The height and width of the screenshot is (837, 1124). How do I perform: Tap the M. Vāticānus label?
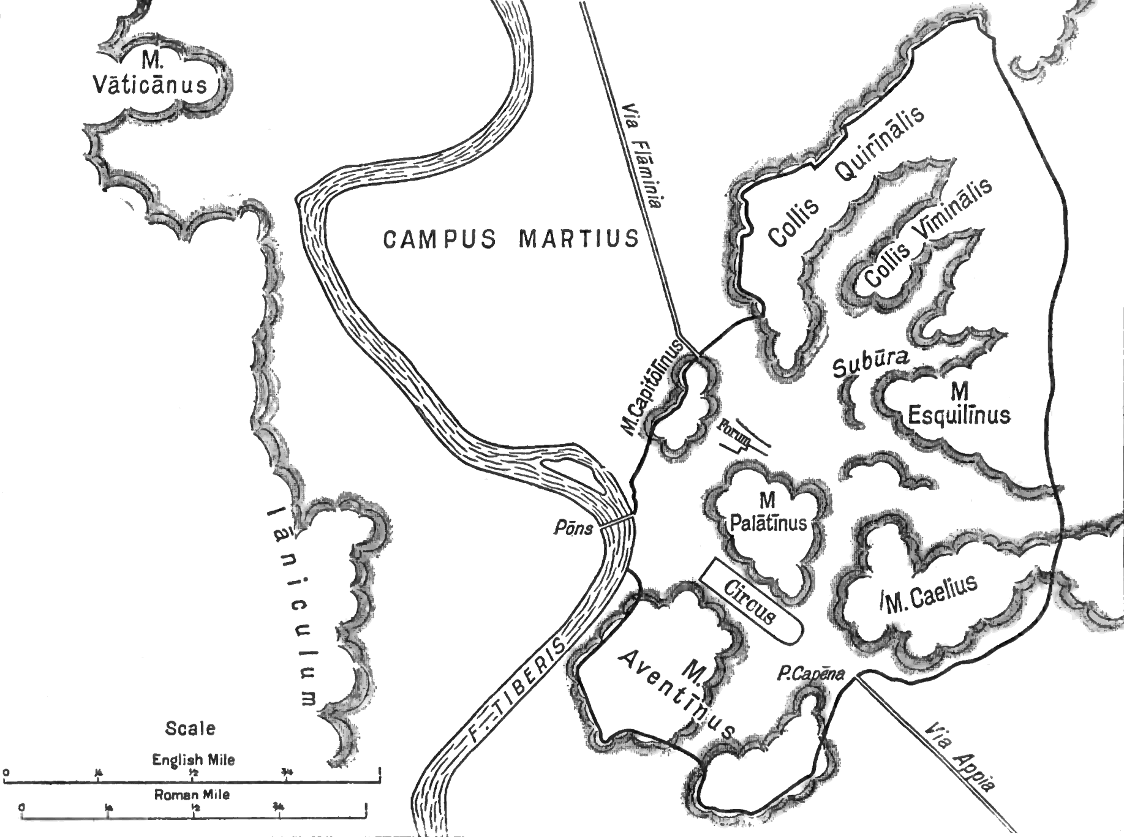point(150,73)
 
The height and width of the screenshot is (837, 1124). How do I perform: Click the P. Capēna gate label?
point(810,675)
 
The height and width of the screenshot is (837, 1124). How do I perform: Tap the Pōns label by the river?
point(573,528)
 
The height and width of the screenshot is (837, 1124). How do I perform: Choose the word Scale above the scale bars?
point(190,729)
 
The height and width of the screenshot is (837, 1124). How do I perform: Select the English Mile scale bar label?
point(193,760)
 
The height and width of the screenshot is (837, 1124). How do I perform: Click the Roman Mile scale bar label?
point(192,795)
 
